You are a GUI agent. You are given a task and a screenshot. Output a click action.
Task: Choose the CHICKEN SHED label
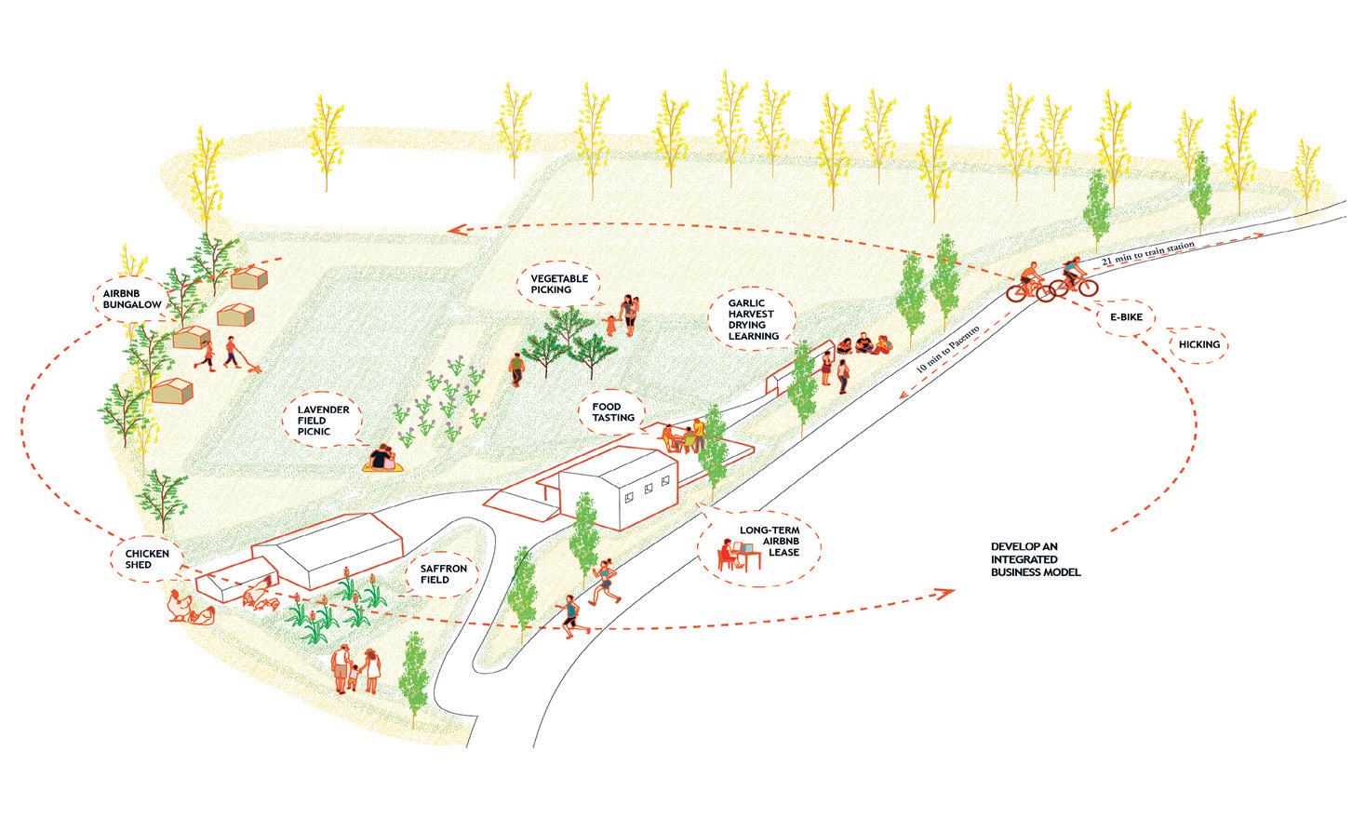coord(144,557)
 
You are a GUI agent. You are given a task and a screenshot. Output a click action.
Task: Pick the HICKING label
coord(1199,344)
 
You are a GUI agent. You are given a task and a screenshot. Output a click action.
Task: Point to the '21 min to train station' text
coord(1146,251)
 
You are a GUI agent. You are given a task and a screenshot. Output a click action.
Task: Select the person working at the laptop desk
coord(726,557)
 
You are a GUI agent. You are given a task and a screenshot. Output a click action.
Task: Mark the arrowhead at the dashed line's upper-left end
coord(452,229)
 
